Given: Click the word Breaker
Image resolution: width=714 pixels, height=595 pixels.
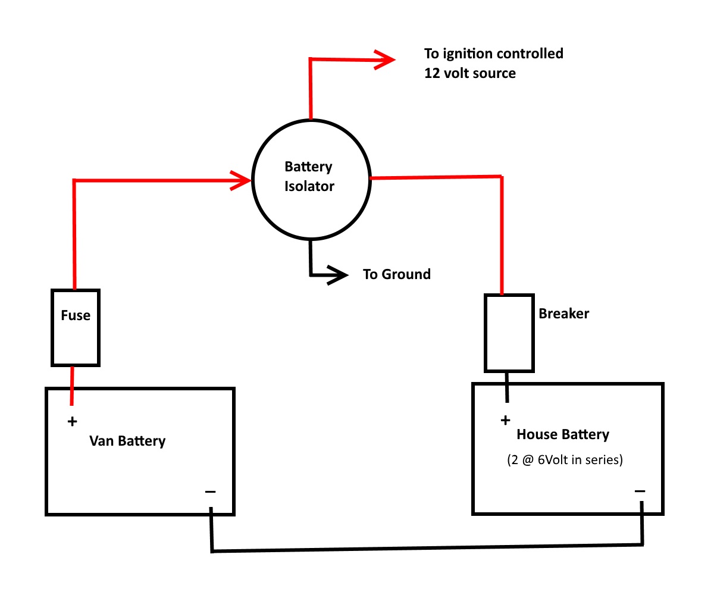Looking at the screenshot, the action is [563, 313].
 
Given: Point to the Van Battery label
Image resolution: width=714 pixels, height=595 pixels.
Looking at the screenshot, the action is [127, 441].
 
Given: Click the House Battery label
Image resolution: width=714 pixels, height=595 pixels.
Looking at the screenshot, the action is [563, 434].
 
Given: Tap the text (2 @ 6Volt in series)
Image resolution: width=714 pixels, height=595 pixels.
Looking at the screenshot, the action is [565, 459].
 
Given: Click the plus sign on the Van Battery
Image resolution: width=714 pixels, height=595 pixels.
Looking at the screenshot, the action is [72, 421].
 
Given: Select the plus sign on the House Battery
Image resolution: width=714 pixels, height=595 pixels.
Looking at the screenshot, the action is [505, 420].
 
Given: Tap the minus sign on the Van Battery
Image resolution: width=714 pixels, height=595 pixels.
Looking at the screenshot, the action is [210, 491].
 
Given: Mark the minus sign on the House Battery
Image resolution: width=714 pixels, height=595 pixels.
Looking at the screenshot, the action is [640, 491].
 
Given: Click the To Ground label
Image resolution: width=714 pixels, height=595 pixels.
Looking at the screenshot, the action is [397, 274].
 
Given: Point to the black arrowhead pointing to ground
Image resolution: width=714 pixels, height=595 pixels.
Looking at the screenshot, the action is [338, 274].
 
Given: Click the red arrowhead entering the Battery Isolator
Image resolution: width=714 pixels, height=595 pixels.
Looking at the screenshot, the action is [241, 180].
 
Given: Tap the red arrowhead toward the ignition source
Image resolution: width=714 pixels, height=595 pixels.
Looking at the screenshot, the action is [385, 60].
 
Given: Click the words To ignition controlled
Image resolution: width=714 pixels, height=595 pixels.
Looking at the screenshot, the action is [494, 54].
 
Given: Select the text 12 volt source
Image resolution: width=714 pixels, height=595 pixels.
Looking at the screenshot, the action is [470, 73].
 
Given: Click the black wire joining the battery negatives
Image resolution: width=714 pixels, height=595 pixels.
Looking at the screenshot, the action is [426, 548].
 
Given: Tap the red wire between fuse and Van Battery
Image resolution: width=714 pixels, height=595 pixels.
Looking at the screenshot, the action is [72, 386].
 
